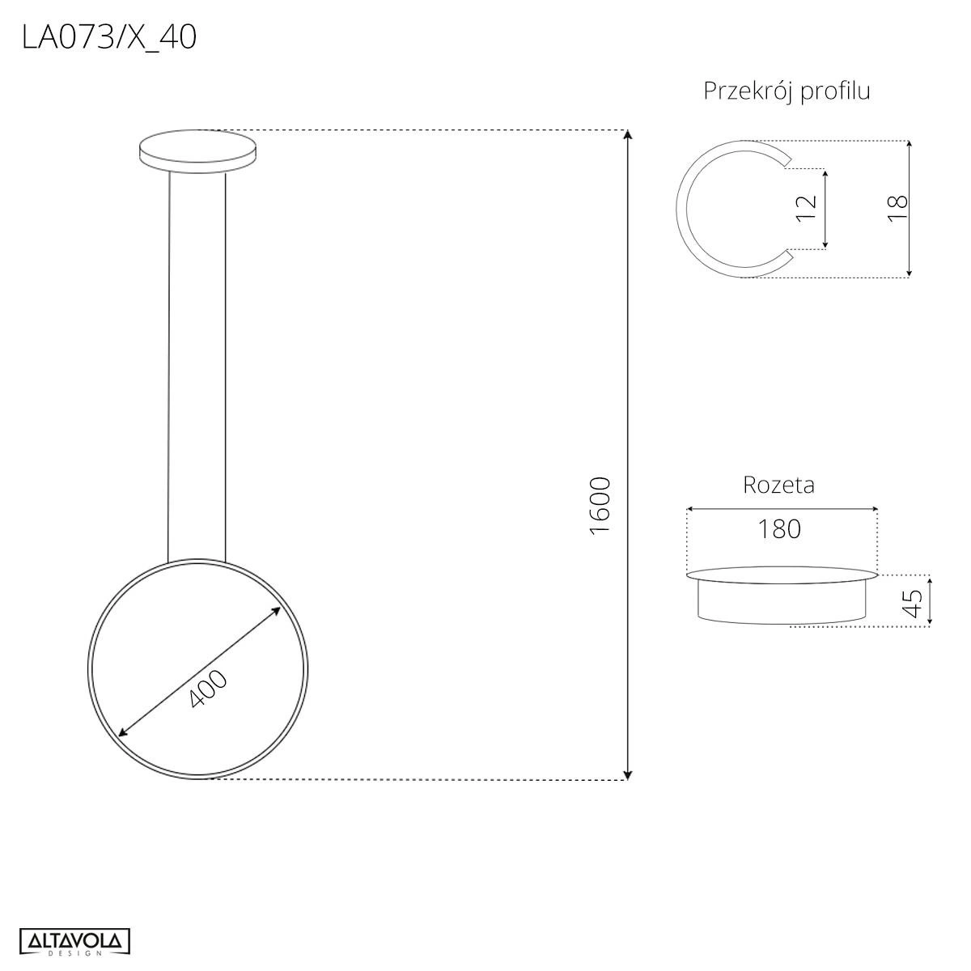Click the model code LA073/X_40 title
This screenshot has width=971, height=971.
point(109,39)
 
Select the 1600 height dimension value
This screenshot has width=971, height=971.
point(600,506)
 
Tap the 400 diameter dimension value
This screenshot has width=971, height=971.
point(208,688)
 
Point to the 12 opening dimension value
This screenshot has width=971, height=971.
point(806,208)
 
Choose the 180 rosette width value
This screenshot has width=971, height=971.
point(779,529)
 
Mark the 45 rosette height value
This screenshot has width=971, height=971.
point(913,603)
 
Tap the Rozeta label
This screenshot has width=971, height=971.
point(778,485)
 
